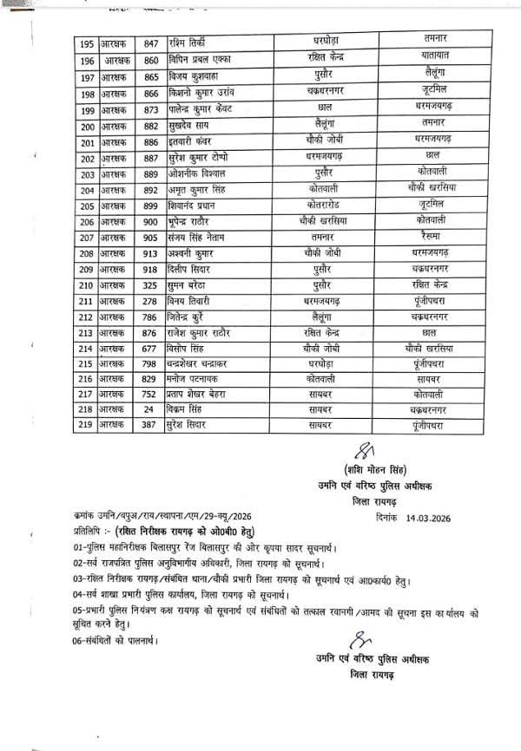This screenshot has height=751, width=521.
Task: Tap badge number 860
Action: (152, 61)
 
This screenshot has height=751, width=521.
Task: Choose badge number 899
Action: (152, 207)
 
